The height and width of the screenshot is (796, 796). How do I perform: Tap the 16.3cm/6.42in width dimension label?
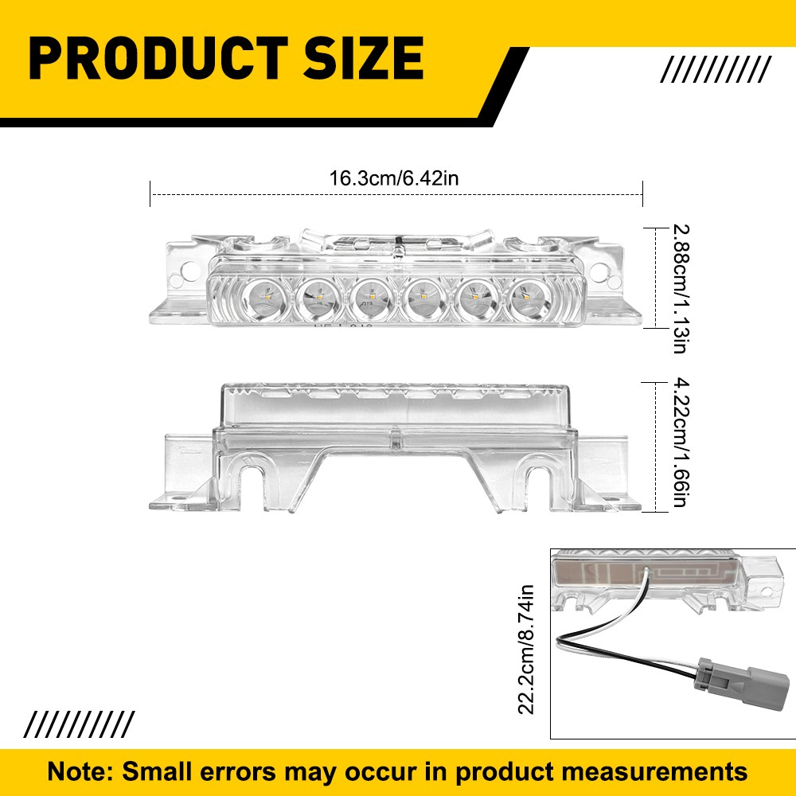coord(394,178)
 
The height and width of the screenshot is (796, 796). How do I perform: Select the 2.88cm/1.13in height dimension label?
coord(680,288)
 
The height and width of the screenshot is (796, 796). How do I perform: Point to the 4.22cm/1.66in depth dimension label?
coord(680,443)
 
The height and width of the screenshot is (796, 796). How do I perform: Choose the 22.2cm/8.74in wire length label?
coord(525,650)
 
